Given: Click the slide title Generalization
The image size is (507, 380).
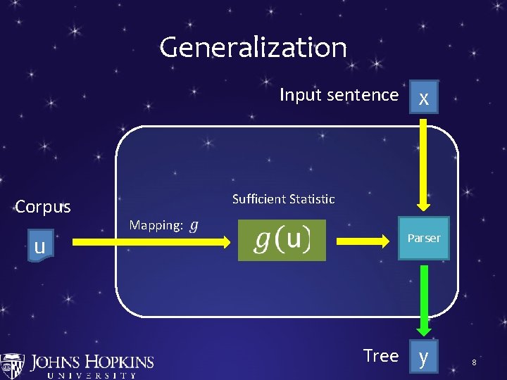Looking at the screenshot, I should point(253,48).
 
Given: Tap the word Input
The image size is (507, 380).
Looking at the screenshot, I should point(299,95).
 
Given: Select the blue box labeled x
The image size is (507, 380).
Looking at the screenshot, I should point(423,97).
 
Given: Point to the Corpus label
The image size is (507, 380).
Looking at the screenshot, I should point(43,207).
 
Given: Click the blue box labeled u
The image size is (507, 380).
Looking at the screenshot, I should point(40,246).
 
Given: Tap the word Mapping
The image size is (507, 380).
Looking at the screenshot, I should point(156,225).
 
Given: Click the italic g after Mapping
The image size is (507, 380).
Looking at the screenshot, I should point(194,226).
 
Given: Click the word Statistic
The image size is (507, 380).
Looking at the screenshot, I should point(311,199).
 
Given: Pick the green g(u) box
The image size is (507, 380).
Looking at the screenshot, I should point(282,241).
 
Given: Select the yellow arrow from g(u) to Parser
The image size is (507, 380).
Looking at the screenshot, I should point(363,241).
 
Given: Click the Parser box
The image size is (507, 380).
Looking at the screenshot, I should point(423,239).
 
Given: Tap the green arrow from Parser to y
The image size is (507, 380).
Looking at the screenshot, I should point(423,299).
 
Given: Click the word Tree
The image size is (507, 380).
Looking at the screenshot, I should point(381,356).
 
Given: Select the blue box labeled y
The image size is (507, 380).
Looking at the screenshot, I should point(423,357).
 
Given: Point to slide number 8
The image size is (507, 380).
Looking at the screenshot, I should point(475,362).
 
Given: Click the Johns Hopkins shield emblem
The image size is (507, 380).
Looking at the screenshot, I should point(12,366).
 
